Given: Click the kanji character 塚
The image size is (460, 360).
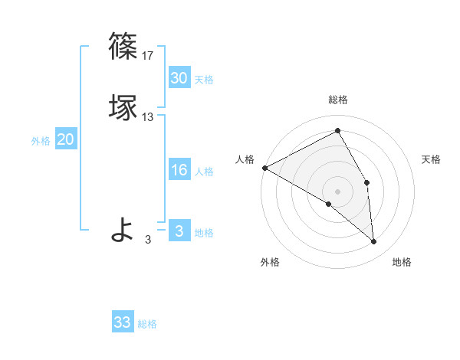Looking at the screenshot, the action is (x=123, y=106).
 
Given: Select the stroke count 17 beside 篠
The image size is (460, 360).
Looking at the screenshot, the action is (x=148, y=56).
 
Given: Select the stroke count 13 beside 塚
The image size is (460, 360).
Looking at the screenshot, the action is (x=148, y=117).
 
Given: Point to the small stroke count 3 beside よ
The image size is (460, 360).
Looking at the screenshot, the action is (x=148, y=240).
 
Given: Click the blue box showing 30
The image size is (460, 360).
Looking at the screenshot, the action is (x=179, y=78).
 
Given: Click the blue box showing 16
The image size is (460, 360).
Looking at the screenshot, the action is (x=179, y=170).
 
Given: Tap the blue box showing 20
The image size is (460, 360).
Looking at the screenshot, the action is (x=65, y=139).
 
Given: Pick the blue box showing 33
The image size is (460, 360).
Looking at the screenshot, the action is (x=123, y=322).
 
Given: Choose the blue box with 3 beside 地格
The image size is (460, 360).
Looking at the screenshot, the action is (x=179, y=231).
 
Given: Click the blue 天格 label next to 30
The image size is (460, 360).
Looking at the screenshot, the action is (x=204, y=80).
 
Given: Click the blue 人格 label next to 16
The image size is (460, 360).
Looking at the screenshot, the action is (x=204, y=172).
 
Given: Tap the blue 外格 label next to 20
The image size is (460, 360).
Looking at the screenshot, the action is (x=41, y=141).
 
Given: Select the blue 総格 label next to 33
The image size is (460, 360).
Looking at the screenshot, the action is (x=147, y=324).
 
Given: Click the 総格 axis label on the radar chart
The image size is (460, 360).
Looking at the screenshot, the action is (x=338, y=100).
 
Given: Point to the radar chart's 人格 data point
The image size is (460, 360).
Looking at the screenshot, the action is (x=264, y=168).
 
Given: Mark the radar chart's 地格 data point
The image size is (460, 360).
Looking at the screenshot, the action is (x=373, y=241).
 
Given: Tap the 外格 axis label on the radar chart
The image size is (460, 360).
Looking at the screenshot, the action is (x=270, y=263).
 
